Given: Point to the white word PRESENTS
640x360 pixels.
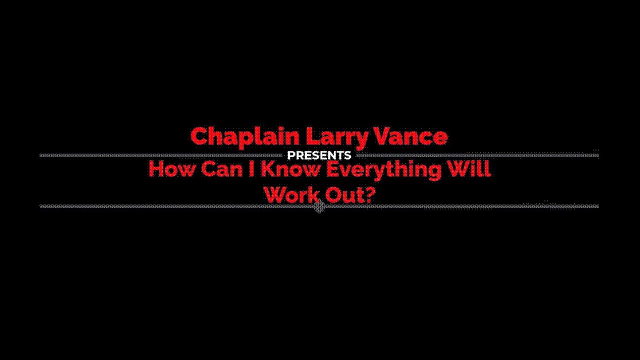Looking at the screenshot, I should point(319,155).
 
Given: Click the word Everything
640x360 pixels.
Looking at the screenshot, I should point(383,170).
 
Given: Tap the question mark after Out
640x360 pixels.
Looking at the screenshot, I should point(369,194).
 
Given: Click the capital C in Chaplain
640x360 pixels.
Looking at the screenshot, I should point(199,136).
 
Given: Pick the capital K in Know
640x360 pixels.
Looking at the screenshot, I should point(267,169).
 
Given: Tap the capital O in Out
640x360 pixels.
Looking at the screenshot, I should point(325,194).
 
